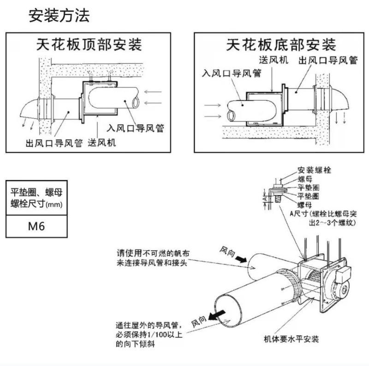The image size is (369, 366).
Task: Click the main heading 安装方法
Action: [59, 16]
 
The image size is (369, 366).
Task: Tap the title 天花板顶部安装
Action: [89, 44]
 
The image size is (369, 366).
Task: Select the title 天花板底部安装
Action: [281, 45]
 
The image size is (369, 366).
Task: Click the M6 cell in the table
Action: [36, 226]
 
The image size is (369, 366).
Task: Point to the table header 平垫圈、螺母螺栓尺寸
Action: [36, 198]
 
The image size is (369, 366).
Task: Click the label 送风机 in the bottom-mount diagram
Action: [274, 60]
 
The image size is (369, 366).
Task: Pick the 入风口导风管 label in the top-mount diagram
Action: [135, 128]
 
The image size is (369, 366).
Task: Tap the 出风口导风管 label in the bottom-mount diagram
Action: [328, 60]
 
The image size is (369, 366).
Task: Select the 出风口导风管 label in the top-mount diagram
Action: [54, 143]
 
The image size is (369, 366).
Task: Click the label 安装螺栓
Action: [314, 170]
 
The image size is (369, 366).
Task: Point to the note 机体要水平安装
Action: [292, 339]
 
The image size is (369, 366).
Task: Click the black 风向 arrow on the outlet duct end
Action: [217, 315]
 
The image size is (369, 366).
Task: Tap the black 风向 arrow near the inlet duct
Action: [241, 259]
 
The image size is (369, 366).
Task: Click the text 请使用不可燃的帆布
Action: [153, 253]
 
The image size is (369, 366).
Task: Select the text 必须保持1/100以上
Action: [149, 335]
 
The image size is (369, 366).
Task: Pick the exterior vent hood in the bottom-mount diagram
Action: [339, 99]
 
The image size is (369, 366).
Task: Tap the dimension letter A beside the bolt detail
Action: [265, 199]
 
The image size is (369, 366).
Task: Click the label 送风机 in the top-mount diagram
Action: [101, 143]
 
